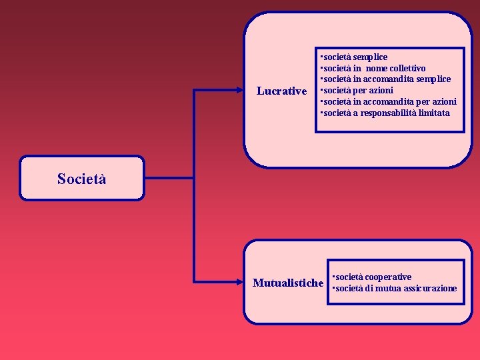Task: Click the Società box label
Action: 81,179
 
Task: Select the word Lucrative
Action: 281,91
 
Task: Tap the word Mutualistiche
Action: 287,283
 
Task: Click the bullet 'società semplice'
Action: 354,57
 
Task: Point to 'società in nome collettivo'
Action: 373,68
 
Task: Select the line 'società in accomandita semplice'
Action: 386,79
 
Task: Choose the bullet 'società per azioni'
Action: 357,90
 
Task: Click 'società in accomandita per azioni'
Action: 389,101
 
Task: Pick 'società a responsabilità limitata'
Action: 385,113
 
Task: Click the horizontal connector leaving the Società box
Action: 169,178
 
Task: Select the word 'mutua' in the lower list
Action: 387,288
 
